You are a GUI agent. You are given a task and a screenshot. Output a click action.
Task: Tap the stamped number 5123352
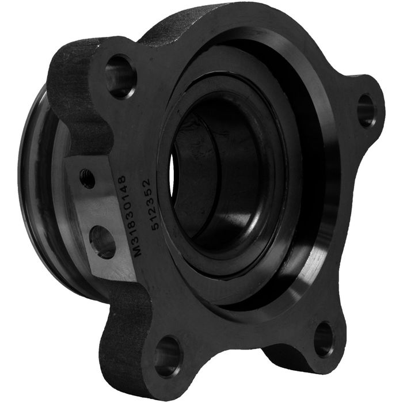[x=151, y=204]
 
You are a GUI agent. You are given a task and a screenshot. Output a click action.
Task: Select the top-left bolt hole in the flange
[x=121, y=76]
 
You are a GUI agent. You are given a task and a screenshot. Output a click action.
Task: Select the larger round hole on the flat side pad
[x=101, y=242]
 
